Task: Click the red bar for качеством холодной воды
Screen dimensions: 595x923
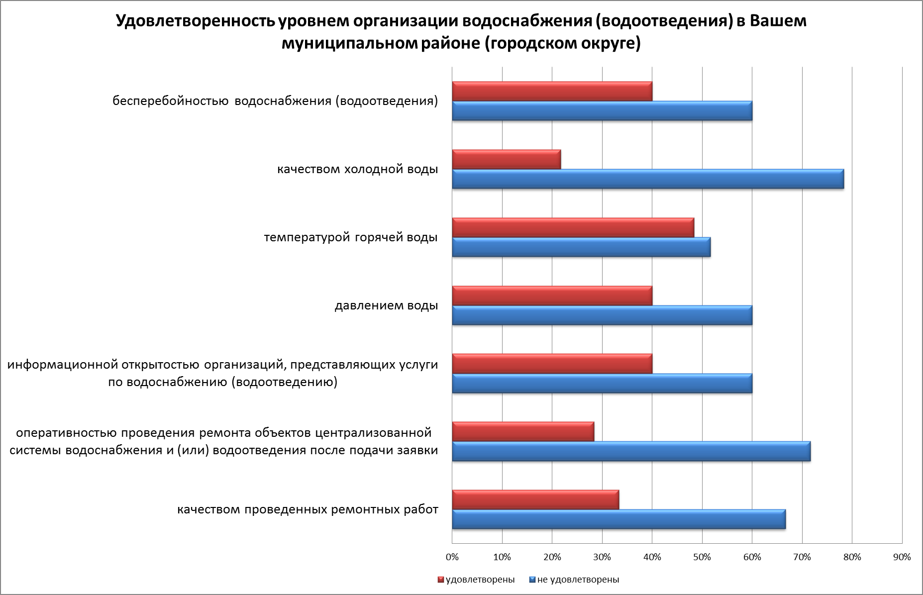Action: (506, 159)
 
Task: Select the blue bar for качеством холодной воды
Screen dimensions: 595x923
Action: (647, 179)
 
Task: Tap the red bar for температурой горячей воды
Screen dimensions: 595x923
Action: (573, 227)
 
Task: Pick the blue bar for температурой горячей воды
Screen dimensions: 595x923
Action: (581, 247)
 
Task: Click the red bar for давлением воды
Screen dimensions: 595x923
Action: (552, 296)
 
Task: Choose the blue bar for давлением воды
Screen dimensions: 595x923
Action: (602, 315)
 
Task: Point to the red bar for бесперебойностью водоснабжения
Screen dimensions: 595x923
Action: (552, 92)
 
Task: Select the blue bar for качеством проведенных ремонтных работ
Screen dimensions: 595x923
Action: (618, 519)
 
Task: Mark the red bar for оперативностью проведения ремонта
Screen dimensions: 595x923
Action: (523, 431)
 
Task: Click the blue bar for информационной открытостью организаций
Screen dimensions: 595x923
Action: (602, 383)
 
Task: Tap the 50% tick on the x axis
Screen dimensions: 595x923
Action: (702, 557)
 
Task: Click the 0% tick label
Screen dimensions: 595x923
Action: (452, 557)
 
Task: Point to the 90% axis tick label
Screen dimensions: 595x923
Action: (902, 557)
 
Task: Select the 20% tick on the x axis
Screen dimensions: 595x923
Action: (552, 557)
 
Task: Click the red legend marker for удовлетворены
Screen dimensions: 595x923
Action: (440, 580)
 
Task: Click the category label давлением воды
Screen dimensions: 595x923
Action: (386, 305)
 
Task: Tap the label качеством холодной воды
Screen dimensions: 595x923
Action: (357, 170)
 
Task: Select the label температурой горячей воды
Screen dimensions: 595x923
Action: (351, 238)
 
